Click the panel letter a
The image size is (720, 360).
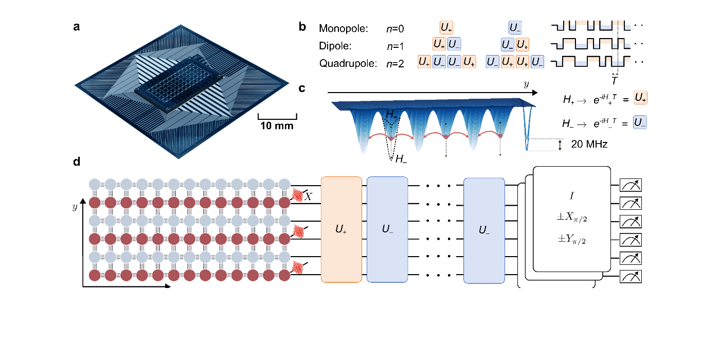point(76,28)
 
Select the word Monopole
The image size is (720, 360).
point(344,29)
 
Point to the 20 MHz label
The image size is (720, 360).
point(589,145)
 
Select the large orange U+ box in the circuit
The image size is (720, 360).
point(341,229)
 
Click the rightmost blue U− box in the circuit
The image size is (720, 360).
point(483,229)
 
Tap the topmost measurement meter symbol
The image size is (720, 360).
point(631,185)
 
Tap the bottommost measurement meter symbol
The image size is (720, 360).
point(631,276)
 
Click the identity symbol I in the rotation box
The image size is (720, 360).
point(572,196)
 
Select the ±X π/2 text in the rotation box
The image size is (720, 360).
point(572,220)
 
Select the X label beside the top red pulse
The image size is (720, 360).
point(308,196)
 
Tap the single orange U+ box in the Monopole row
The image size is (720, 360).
point(446,28)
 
